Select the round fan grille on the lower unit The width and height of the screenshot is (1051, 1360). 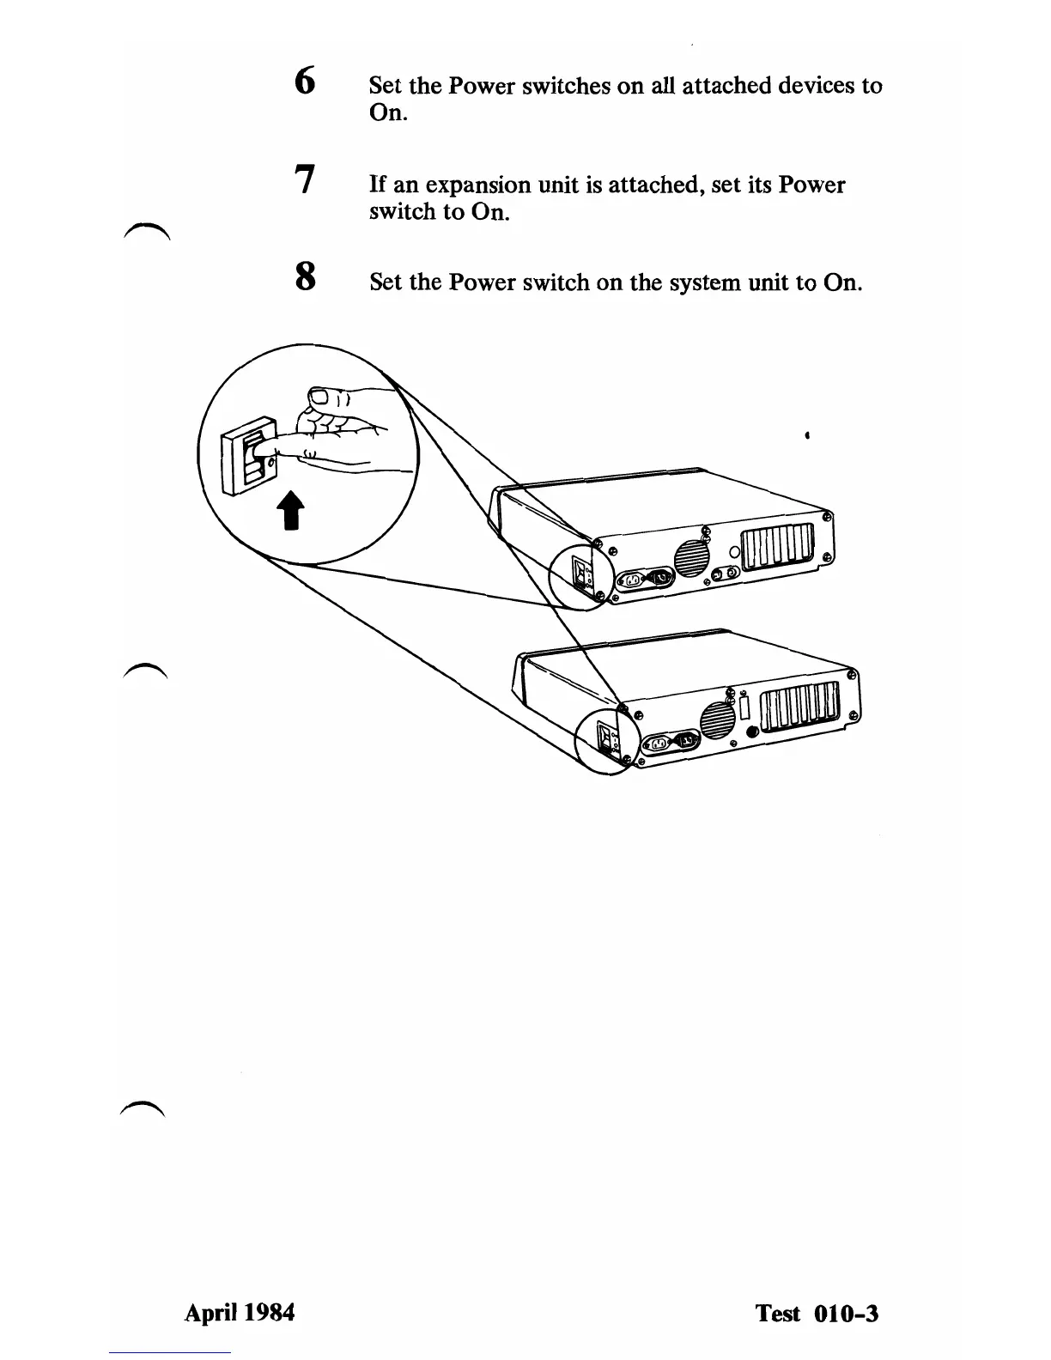pyautogui.click(x=718, y=719)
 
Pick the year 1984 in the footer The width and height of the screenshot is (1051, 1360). pyautogui.click(x=268, y=1313)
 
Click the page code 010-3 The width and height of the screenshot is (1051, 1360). pyautogui.click(x=845, y=1314)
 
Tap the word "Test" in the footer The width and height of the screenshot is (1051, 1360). pyautogui.click(x=777, y=1314)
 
